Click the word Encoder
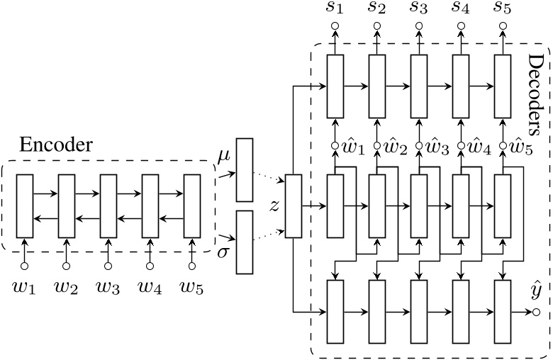point(55,146)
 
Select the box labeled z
point(293,206)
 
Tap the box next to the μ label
point(244,170)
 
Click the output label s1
point(335,9)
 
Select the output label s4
point(460,9)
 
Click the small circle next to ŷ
point(536,312)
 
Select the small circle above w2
point(67,266)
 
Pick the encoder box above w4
point(150,206)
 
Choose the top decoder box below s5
point(502,85)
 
